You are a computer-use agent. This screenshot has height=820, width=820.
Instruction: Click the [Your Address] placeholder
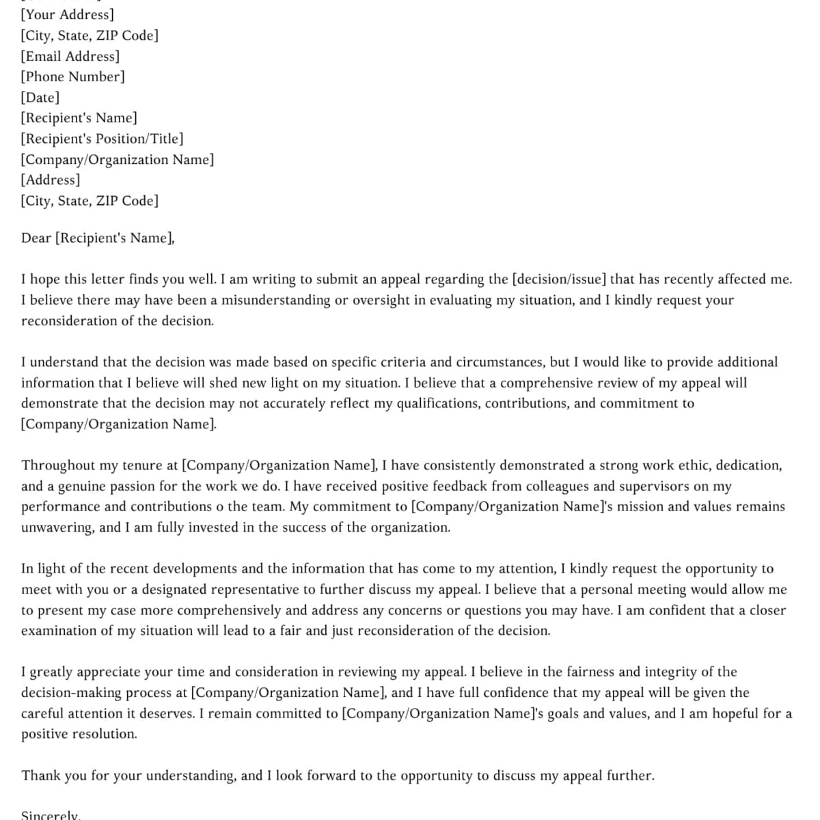[x=68, y=14]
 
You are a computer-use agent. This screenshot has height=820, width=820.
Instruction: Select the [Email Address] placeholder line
[x=70, y=56]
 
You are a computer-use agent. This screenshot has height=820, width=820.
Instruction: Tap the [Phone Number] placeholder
[x=73, y=77]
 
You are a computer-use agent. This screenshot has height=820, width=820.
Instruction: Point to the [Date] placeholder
[x=40, y=98]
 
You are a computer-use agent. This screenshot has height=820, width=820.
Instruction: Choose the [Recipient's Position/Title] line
[x=102, y=139]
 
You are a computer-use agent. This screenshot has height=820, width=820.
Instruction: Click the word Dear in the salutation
[x=36, y=238]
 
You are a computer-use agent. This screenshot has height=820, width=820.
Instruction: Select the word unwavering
[x=57, y=528]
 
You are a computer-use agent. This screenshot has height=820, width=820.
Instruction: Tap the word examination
[x=59, y=631]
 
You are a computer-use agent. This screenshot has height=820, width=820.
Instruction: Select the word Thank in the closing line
[x=40, y=775]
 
